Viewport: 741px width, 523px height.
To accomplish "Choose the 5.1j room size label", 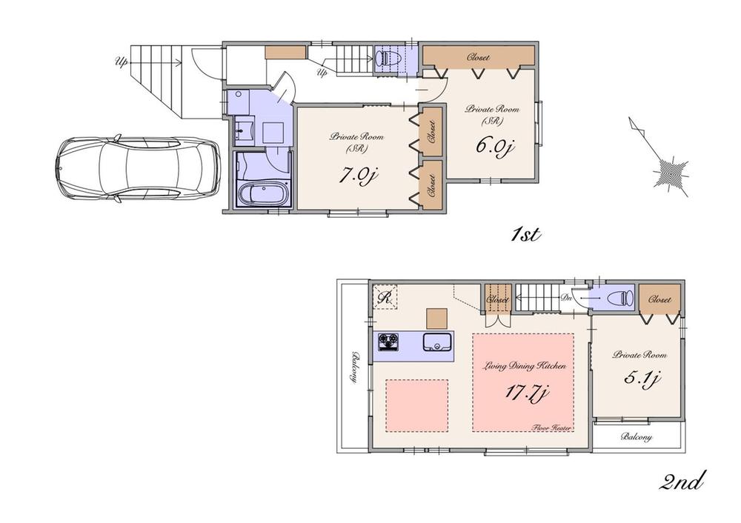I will [x=641, y=379].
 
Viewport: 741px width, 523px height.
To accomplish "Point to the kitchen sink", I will [x=436, y=342].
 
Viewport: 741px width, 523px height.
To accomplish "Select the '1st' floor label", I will [x=528, y=236].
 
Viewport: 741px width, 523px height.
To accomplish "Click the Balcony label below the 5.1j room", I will [x=637, y=437].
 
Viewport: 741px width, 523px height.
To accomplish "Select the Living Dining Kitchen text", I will [x=525, y=366].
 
